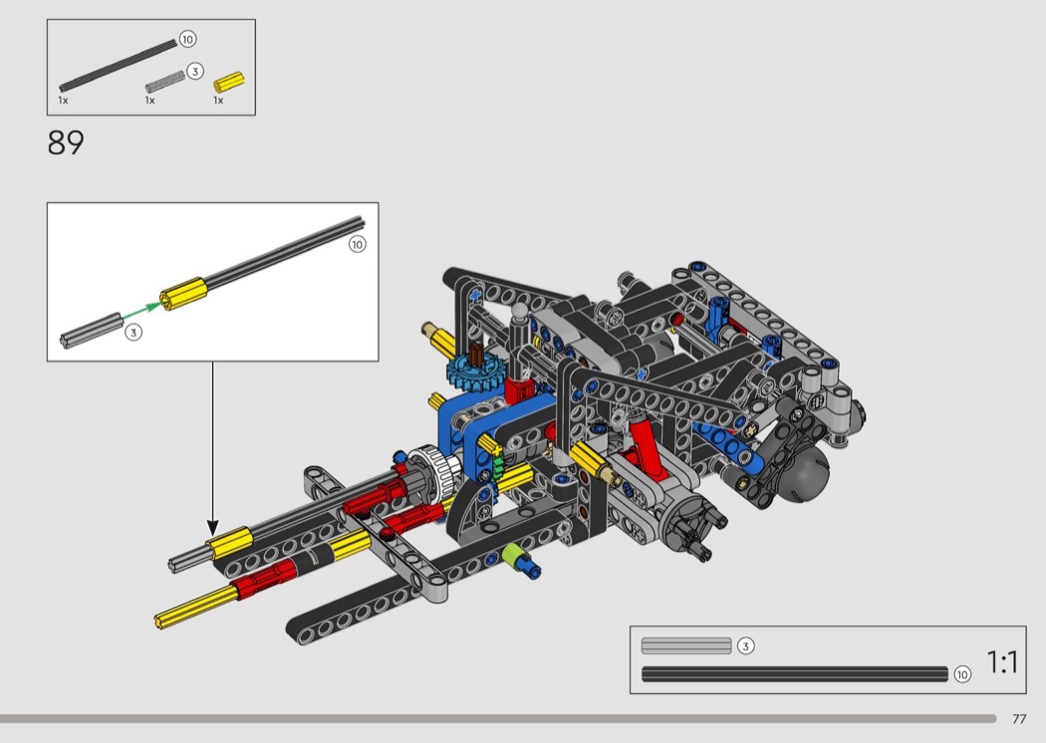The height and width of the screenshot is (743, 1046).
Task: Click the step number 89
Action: click(x=66, y=142)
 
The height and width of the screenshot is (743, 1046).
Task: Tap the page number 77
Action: click(x=1019, y=719)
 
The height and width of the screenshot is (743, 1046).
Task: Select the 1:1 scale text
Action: click(x=1002, y=662)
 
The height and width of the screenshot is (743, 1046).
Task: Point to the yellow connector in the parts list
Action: click(x=229, y=83)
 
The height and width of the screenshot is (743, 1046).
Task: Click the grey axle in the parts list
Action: click(x=164, y=82)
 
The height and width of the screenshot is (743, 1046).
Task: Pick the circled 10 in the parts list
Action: click(x=187, y=40)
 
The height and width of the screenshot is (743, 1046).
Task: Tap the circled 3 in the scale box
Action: click(x=746, y=645)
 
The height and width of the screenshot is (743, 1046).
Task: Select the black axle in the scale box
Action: click(x=795, y=673)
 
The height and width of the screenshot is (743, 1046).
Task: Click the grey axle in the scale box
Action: click(x=686, y=645)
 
